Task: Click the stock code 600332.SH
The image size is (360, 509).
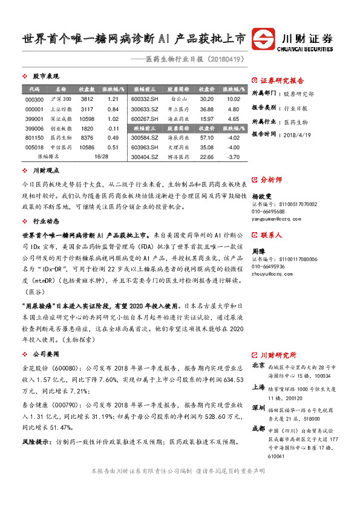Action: click(144, 99)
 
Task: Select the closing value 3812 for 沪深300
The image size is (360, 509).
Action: click(87, 99)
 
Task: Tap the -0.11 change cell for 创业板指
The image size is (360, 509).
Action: click(113, 128)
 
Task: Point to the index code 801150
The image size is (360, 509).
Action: click(35, 138)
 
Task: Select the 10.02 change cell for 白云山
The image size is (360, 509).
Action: click(234, 99)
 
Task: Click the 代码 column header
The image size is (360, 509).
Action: click(34, 89)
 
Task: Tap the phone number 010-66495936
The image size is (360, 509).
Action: click(268, 267)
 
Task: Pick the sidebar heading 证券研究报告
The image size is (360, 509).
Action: click(282, 80)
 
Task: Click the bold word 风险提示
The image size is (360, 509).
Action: click(35, 442)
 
